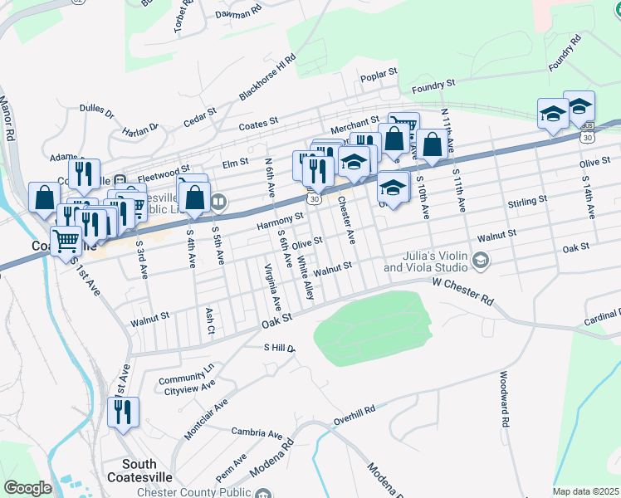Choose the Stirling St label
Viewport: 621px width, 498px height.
527,201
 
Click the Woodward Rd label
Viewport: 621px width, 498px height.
503,400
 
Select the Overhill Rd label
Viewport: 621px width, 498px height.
355,412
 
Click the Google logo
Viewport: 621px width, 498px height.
27,488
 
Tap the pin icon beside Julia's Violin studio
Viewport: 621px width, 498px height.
480,262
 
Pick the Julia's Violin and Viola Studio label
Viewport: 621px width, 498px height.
427,261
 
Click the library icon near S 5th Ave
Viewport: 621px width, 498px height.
218,201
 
